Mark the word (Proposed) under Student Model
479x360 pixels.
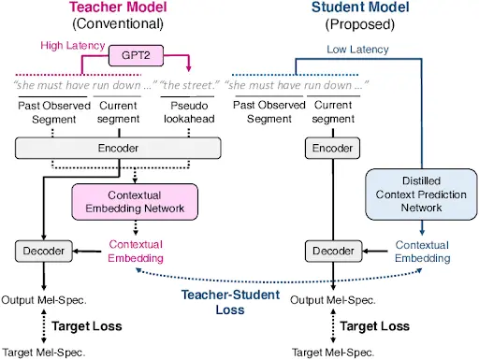pos(359,23)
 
